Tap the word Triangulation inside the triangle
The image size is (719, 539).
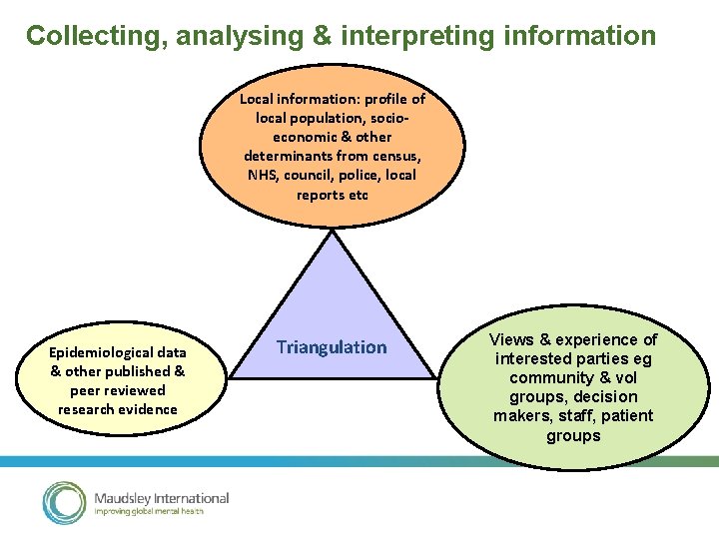tap(331, 347)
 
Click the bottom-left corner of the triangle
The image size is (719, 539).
tap(231, 376)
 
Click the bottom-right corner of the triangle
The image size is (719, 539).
tap(435, 376)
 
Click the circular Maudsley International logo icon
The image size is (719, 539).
tap(64, 502)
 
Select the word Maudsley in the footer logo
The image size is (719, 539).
tap(124, 498)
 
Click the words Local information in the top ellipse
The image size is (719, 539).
tap(288, 99)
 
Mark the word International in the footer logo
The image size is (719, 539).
tap(193, 498)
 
